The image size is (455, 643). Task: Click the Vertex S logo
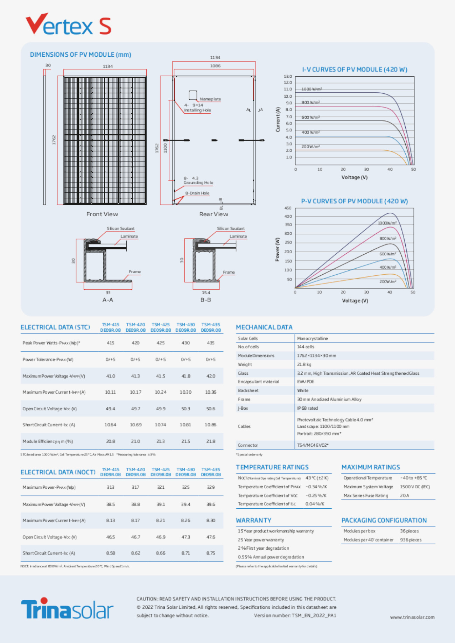68,24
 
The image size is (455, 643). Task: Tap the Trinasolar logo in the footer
67,609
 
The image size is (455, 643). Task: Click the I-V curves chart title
355,70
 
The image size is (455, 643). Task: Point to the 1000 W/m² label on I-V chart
311,89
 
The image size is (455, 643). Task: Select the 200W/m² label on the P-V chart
388,281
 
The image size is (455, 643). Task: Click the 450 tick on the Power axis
288,208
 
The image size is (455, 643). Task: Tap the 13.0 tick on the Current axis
288,76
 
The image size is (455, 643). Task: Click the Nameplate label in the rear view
210,99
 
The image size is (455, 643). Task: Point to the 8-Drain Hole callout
197,193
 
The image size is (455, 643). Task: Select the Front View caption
102,214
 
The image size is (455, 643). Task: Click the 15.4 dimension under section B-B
206,292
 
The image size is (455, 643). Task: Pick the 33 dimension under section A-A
108,292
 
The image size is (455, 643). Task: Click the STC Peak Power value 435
211,343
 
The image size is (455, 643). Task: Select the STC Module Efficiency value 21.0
135,441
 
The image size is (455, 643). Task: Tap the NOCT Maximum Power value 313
110,487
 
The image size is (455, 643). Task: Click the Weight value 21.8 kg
304,364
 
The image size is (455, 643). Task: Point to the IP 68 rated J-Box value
307,408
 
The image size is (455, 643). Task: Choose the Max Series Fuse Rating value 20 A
404,495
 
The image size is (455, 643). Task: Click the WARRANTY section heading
253,520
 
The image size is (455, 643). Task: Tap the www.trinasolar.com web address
412,617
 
